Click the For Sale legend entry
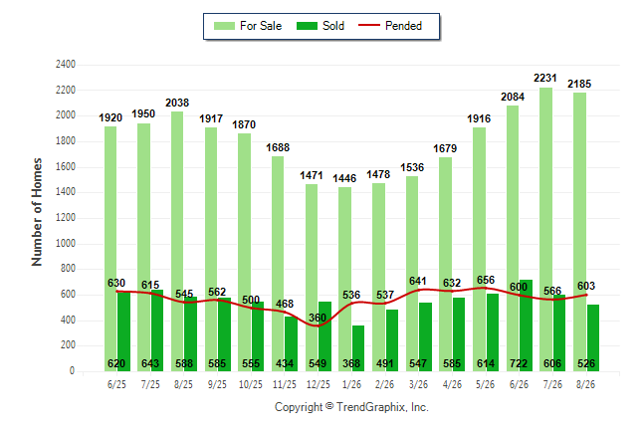[x=248, y=26]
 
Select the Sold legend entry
[x=321, y=26]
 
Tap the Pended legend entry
[x=390, y=26]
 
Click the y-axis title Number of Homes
[x=37, y=212]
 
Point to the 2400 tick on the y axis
[x=66, y=65]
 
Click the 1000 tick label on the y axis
[x=66, y=243]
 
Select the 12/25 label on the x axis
[x=319, y=384]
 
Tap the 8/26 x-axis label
[x=585, y=384]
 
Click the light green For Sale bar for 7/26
[x=545, y=229]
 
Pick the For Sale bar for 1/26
[x=344, y=280]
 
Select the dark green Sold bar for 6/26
[x=527, y=325]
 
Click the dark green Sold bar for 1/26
[x=358, y=348]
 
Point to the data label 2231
[x=545, y=78]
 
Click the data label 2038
[x=177, y=103]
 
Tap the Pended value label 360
[x=318, y=318]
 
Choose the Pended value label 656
[x=486, y=280]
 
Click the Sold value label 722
[x=519, y=363]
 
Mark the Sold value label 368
[x=351, y=363]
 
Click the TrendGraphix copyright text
[x=351, y=407]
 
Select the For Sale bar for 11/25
[x=278, y=264]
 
